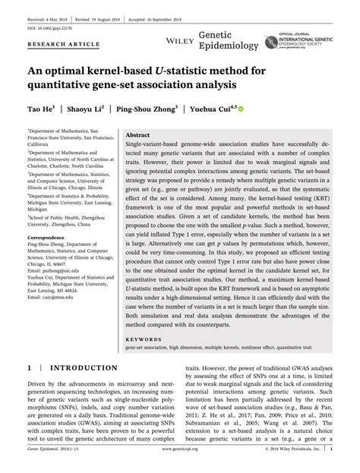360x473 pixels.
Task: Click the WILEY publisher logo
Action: tap(176, 36)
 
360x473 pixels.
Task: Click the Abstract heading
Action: tap(137, 134)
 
